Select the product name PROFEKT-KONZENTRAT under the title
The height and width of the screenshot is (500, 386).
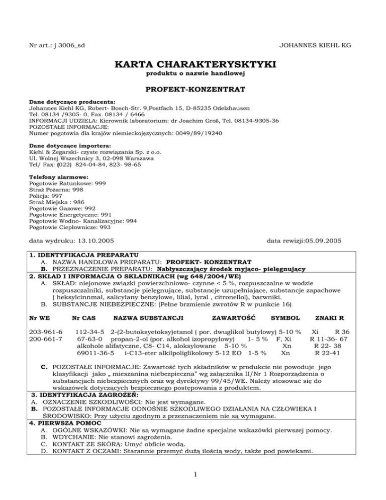193,91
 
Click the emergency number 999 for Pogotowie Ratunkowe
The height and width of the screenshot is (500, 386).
100,185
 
